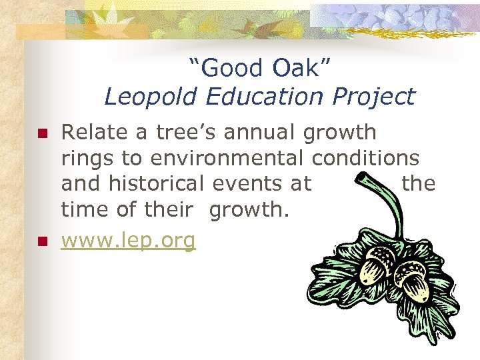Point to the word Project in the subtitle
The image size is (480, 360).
376,97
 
